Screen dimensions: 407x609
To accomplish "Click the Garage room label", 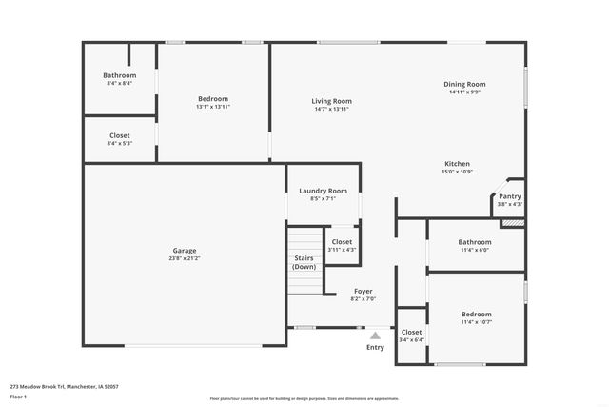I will [x=185, y=250].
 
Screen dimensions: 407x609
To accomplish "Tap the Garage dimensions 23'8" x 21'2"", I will [x=185, y=258].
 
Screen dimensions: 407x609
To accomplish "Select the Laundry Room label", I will [x=324, y=191].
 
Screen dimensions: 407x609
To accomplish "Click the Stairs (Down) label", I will [x=304, y=262].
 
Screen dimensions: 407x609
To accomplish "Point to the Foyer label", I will [x=363, y=291].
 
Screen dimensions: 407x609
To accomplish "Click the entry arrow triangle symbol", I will [x=376, y=336].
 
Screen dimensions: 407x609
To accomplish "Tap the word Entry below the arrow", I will [x=376, y=347].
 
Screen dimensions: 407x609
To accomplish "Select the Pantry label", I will [x=510, y=196].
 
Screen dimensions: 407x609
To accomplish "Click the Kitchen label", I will [x=458, y=163].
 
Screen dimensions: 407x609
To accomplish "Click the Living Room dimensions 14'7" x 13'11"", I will [x=331, y=110].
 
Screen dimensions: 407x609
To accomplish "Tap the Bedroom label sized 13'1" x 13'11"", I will [x=213, y=99].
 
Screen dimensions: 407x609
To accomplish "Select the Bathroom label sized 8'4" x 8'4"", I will [x=120, y=75].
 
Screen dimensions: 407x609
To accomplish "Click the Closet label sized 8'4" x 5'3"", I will [x=120, y=135].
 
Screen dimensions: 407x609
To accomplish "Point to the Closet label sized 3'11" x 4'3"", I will [x=342, y=241].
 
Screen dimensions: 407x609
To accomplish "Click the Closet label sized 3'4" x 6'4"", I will [x=412, y=332].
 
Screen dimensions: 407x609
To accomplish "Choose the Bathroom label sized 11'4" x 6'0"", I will [x=475, y=242].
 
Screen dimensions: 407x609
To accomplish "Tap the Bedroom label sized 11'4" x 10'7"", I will [x=477, y=314].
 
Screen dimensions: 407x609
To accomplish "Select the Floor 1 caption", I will [x=18, y=396].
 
